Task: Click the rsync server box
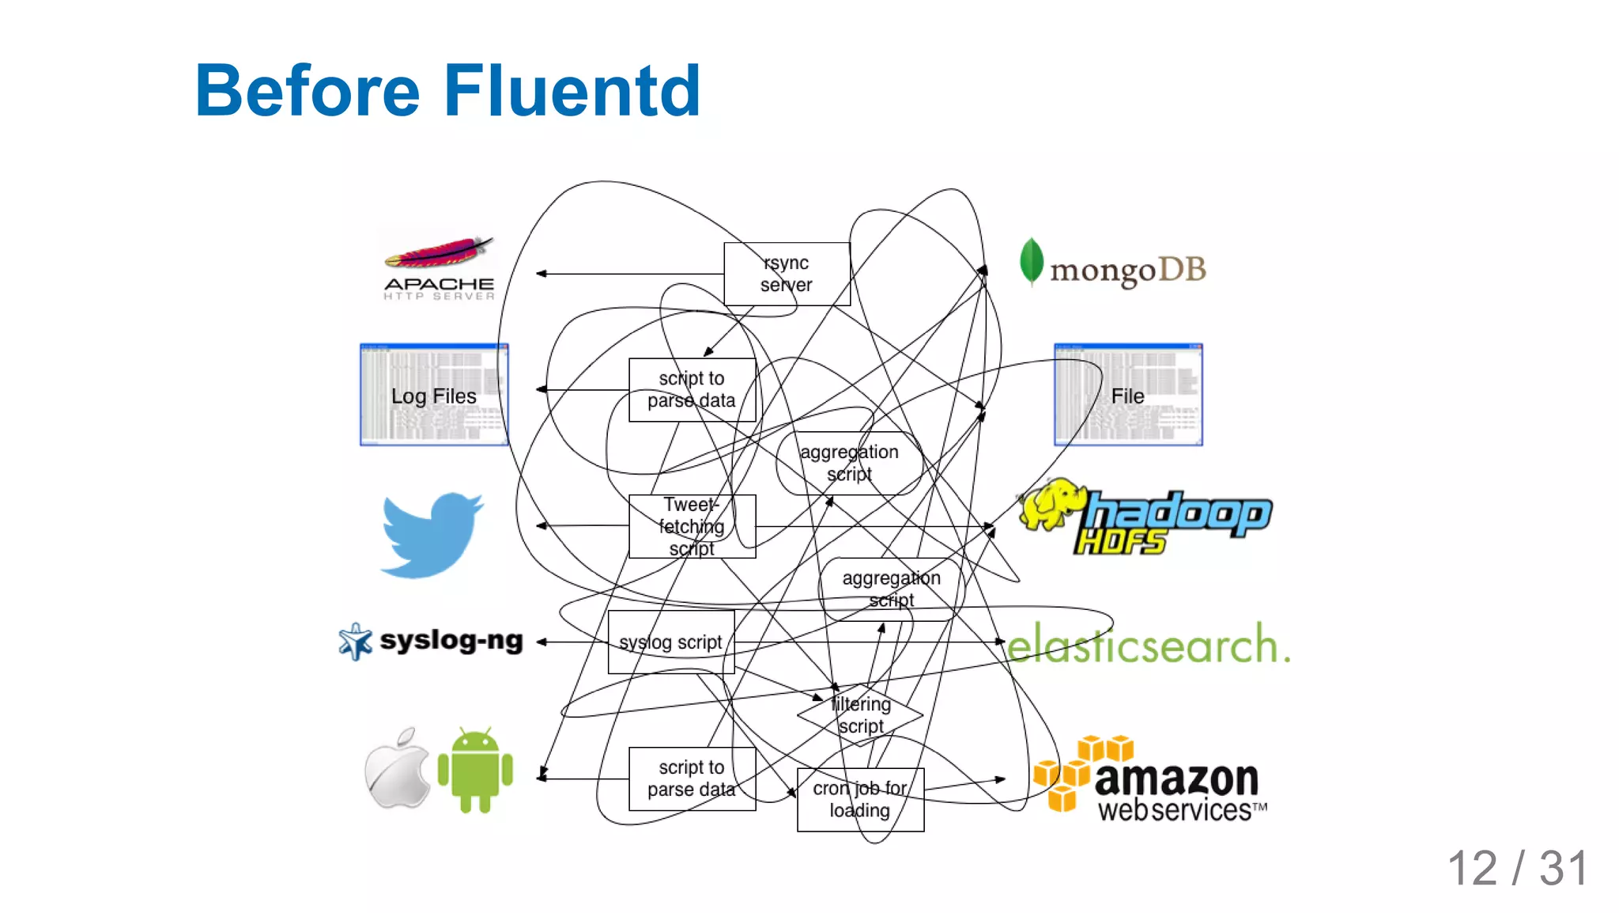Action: [x=787, y=274]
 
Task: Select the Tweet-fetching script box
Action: [x=692, y=526]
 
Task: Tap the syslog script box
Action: [x=671, y=642]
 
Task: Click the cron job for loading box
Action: [x=860, y=799]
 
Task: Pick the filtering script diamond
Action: [x=860, y=715]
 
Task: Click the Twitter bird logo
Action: [x=432, y=535]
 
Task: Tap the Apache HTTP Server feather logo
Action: [x=440, y=253]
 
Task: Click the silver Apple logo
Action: [x=398, y=769]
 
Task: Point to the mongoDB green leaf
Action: [x=1031, y=261]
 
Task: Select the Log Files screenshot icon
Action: [x=434, y=395]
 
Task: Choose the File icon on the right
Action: [x=1128, y=395]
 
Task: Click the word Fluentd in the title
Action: [x=572, y=91]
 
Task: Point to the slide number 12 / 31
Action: [x=1517, y=868]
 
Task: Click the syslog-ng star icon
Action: [x=355, y=641]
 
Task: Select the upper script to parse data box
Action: [x=692, y=389]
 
